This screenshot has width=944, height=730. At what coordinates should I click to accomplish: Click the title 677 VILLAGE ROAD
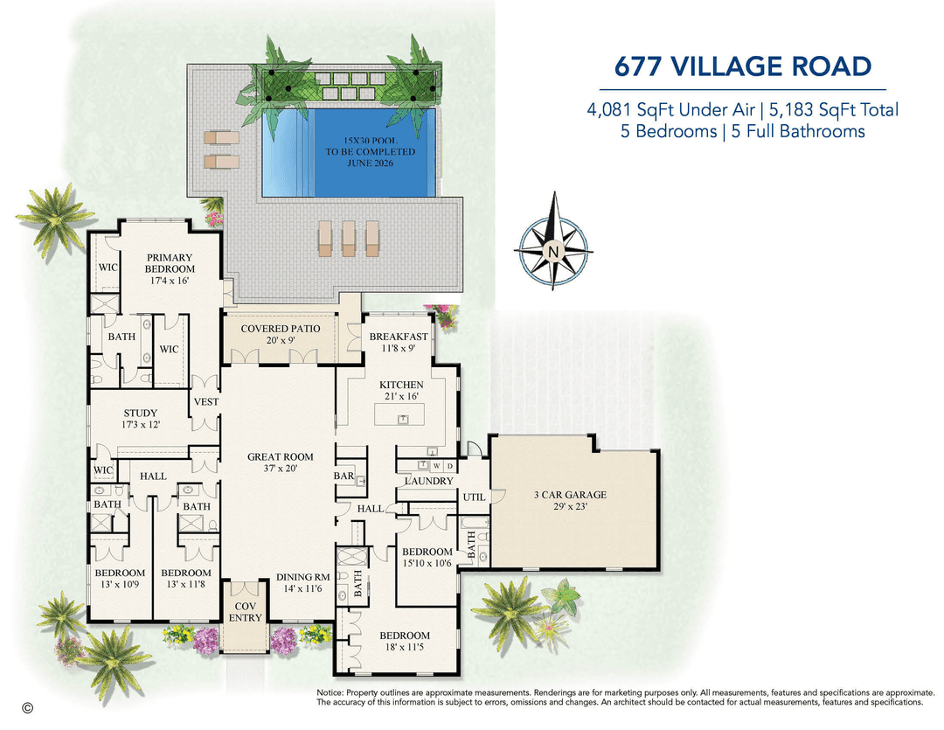pos(742,66)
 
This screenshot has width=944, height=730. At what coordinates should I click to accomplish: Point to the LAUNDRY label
pos(428,481)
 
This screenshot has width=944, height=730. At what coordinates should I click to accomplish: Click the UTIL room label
pos(474,497)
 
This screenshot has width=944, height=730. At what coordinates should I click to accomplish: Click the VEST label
pos(206,401)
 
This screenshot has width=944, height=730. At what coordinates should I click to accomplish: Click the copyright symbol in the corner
pos(27,708)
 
